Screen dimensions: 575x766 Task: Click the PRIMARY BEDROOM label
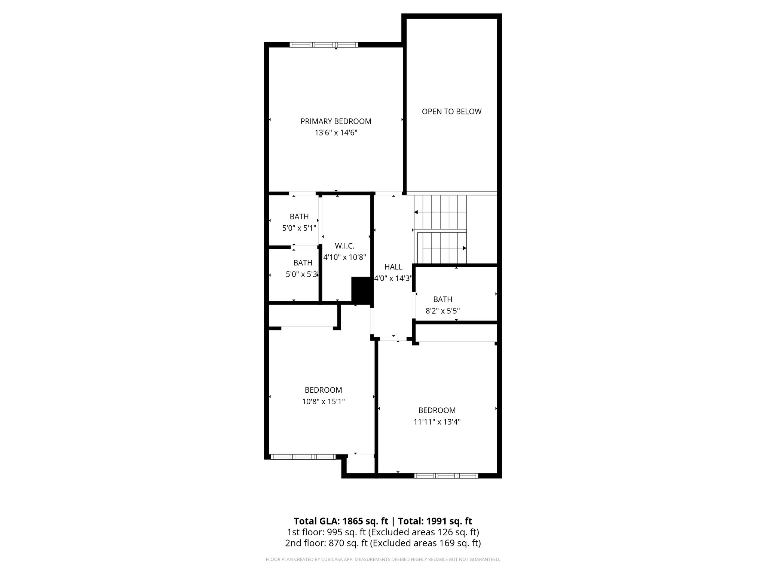pyautogui.click(x=336, y=121)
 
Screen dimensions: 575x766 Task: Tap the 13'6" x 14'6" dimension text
pyautogui.click(x=336, y=133)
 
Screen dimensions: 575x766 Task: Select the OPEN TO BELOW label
pyautogui.click(x=451, y=112)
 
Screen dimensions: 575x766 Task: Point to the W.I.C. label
pyautogui.click(x=344, y=246)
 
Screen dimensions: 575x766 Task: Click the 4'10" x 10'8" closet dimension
pyautogui.click(x=344, y=257)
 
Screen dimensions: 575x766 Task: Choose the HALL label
pyautogui.click(x=393, y=267)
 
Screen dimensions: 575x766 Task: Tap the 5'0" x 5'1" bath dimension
pyautogui.click(x=299, y=228)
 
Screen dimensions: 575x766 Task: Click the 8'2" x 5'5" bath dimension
pyautogui.click(x=442, y=311)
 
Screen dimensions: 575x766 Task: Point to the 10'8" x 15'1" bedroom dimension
pyautogui.click(x=323, y=402)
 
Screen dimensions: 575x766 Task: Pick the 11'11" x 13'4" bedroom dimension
pyautogui.click(x=437, y=422)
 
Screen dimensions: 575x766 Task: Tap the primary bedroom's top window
pyautogui.click(x=324, y=45)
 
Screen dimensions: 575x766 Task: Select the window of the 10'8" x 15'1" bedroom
pyautogui.click(x=303, y=457)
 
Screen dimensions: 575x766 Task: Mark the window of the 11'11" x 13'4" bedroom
pyautogui.click(x=446, y=476)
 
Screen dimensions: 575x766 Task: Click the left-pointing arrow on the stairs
pyautogui.click(x=416, y=212)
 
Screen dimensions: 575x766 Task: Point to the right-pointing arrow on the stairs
pyautogui.click(x=464, y=248)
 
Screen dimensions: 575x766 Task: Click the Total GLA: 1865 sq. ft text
pyautogui.click(x=341, y=521)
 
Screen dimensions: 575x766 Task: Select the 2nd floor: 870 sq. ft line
pyautogui.click(x=383, y=543)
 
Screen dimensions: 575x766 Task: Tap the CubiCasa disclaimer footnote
pyautogui.click(x=383, y=560)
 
